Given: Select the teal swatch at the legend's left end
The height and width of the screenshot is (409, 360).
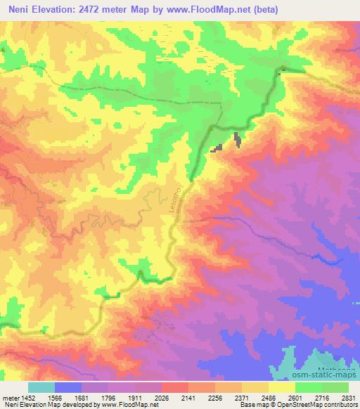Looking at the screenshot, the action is pyautogui.click(x=41, y=387).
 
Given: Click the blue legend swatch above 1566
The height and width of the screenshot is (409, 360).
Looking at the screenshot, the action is pyautogui.click(x=68, y=387).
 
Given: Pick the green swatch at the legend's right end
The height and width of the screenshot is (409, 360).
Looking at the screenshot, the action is pyautogui.click(x=335, y=387).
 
